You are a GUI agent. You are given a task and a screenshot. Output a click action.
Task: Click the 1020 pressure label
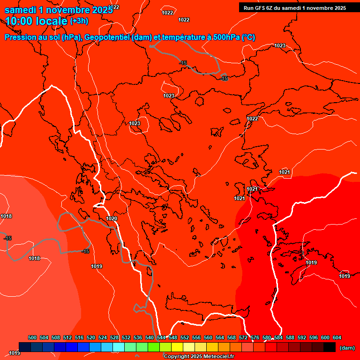point(112,219)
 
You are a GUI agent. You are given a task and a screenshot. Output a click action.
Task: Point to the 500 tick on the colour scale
point(32,337)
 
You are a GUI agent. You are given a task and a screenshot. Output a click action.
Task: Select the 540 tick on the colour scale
point(150,337)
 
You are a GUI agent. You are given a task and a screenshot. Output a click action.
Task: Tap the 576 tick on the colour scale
point(255,337)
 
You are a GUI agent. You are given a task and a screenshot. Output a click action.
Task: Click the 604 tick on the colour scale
point(337,337)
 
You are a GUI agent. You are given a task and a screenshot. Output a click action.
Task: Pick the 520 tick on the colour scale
point(91,337)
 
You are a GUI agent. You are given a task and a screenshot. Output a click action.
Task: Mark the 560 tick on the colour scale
point(208,337)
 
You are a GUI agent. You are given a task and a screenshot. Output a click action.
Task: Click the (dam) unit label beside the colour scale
point(347,348)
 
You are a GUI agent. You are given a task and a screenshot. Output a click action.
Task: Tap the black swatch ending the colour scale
point(330,347)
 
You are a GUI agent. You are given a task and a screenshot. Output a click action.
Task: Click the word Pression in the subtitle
point(20,37)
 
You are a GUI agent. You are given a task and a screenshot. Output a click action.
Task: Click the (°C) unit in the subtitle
point(248,37)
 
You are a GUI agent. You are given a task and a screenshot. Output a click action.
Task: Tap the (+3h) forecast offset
point(79,21)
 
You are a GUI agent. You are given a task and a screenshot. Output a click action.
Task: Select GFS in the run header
point(261,7)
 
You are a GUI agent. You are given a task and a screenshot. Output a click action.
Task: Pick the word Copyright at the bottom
point(176,357)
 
